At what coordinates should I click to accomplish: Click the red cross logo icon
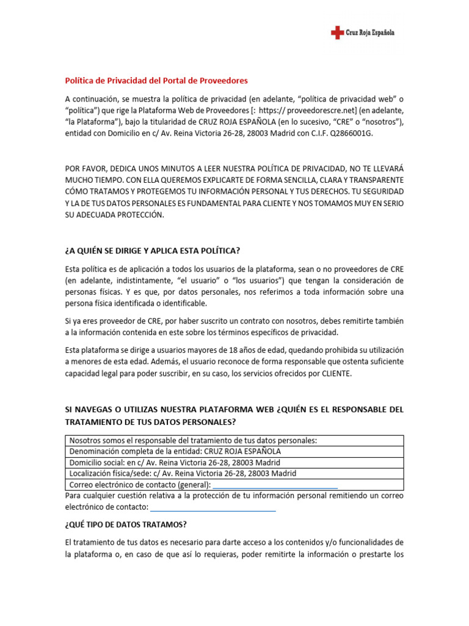pyautogui.click(x=337, y=33)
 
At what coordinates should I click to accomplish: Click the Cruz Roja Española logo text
pyautogui.click(x=371, y=33)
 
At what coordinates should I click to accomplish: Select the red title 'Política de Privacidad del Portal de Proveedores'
pyautogui.click(x=156, y=81)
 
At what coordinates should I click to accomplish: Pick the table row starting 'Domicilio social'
pyautogui.click(x=175, y=462)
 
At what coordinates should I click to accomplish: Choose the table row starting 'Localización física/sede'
pyautogui.click(x=183, y=473)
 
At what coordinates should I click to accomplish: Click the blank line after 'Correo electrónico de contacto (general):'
pyautogui.click(x=275, y=485)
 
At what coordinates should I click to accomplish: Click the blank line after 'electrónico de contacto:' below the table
pyautogui.click(x=213, y=507)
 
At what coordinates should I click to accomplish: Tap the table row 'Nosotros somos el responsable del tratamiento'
pyautogui.click(x=193, y=440)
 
